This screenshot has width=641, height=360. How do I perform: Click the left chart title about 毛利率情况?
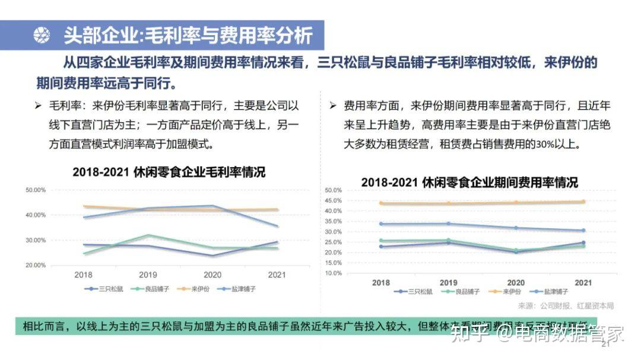pos(169,173)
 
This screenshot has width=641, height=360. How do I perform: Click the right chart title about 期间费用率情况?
pos(469,182)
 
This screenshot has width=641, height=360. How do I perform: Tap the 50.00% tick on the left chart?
pos(36,190)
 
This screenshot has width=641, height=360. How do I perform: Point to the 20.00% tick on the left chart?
pos(36,265)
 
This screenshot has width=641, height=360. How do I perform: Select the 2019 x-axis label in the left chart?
pos(148,275)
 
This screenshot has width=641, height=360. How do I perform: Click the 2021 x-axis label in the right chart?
pos(583,283)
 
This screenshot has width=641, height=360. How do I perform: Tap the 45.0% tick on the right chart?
pos(333,200)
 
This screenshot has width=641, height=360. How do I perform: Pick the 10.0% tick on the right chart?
pos(333,273)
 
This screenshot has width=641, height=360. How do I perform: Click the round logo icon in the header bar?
pos(42,36)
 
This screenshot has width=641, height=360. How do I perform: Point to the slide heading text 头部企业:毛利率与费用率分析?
pos(188,36)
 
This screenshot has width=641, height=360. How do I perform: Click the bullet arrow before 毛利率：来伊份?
pos(38,106)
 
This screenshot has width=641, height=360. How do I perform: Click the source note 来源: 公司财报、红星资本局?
pos(566,306)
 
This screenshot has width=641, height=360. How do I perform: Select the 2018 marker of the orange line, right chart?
pos(381,203)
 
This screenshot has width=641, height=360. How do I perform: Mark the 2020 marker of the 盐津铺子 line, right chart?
pos(516,228)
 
